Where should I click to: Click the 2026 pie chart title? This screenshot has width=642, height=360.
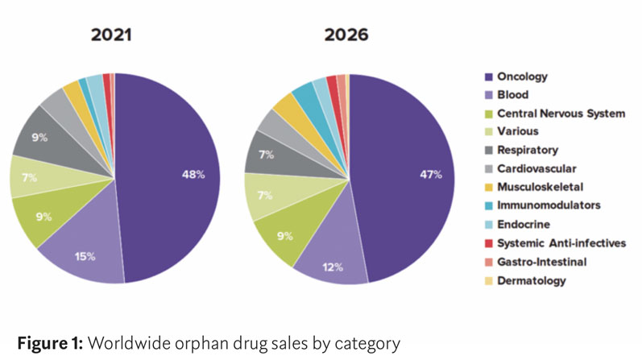[x=347, y=36]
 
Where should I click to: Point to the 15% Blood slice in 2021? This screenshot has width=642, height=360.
[x=86, y=256]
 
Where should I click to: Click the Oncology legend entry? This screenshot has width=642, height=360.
[x=522, y=77]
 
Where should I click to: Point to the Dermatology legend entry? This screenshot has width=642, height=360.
[x=532, y=280]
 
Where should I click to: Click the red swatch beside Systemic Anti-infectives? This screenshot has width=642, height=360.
[x=488, y=243]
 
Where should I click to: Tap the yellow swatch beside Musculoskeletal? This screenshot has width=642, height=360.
[x=488, y=188]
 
